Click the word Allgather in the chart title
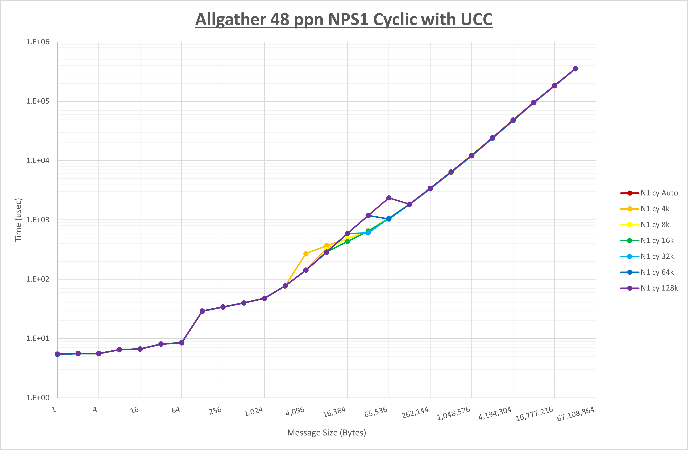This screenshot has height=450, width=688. pyautogui.click(x=231, y=20)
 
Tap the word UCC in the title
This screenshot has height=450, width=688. pyautogui.click(x=476, y=20)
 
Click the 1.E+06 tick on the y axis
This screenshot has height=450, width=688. pyautogui.click(x=38, y=42)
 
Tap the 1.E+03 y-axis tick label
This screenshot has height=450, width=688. pyautogui.click(x=38, y=220)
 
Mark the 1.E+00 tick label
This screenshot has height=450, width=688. pyautogui.click(x=38, y=398)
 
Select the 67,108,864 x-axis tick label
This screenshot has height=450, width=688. pyautogui.click(x=575, y=414)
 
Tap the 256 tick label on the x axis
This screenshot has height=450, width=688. pyautogui.click(x=215, y=411)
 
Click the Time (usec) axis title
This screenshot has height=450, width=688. pyautogui.click(x=18, y=220)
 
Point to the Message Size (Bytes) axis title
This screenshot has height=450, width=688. pyautogui.click(x=326, y=433)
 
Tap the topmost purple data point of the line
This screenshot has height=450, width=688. pyautogui.click(x=575, y=69)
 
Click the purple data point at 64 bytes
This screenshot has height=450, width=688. pyautogui.click(x=182, y=343)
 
